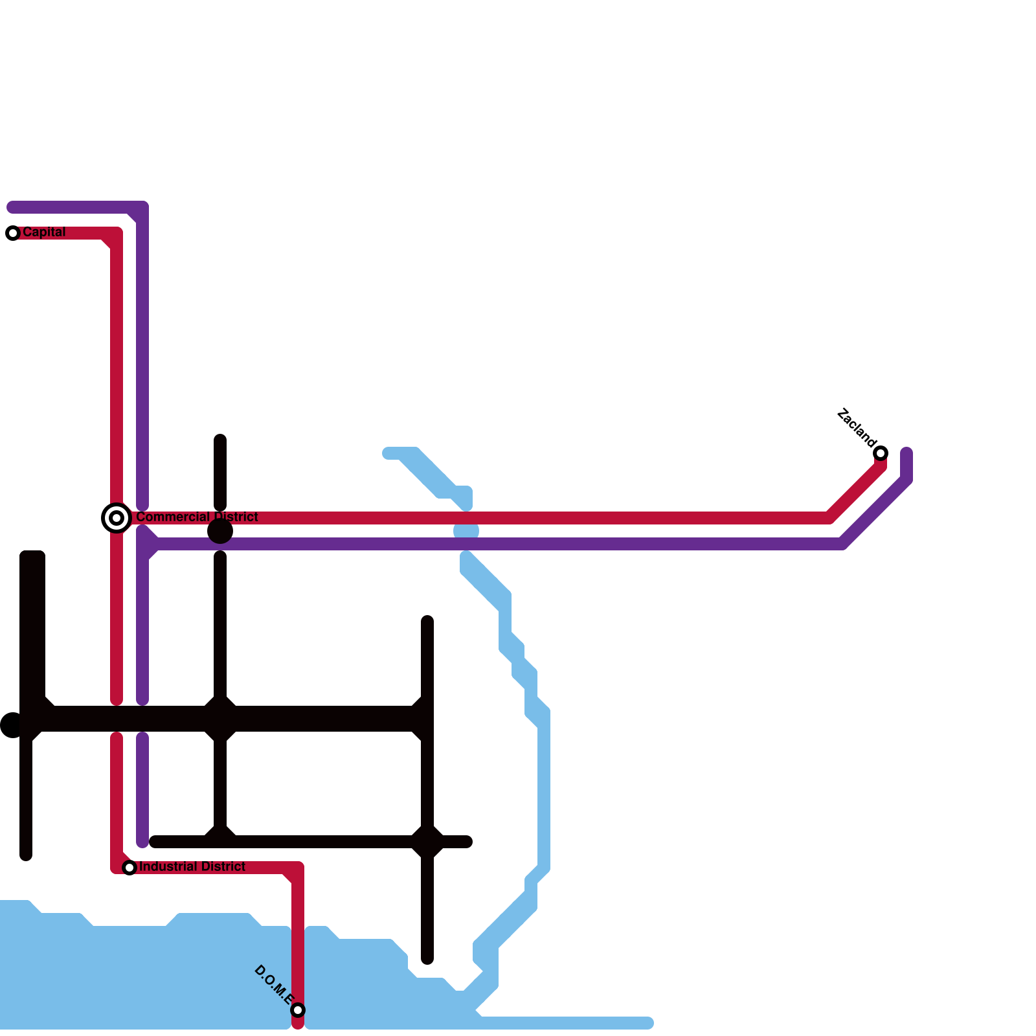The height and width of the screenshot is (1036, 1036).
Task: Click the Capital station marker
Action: [13, 233]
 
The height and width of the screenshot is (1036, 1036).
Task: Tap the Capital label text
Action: [44, 232]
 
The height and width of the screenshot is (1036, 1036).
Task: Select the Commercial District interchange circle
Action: [117, 518]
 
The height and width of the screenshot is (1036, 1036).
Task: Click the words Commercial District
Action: [197, 517]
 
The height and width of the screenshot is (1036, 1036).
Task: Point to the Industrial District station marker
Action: [129, 868]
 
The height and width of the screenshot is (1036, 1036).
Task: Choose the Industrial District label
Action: [192, 866]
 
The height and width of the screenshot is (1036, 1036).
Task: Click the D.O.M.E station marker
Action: [298, 1010]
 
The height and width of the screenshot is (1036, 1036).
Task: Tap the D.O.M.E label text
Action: [274, 985]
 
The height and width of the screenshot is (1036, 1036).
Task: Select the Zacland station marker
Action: [881, 453]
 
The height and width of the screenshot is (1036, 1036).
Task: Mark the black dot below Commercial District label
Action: [220, 532]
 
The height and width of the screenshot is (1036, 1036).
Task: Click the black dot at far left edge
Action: [12, 725]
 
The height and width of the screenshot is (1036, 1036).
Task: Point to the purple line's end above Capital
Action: [12, 207]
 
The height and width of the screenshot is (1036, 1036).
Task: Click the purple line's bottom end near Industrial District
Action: [142, 842]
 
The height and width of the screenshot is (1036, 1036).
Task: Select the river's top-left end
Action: [387, 453]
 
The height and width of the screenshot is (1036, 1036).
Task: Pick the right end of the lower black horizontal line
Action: [467, 842]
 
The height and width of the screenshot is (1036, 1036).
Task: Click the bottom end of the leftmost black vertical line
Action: [26, 856]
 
